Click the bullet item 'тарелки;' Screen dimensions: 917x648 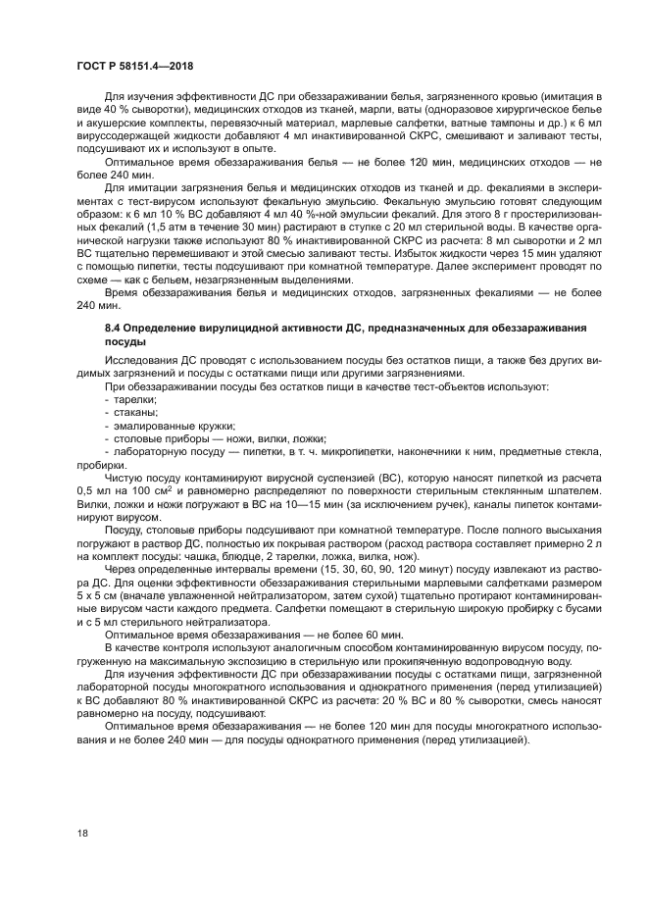(x=128, y=402)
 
